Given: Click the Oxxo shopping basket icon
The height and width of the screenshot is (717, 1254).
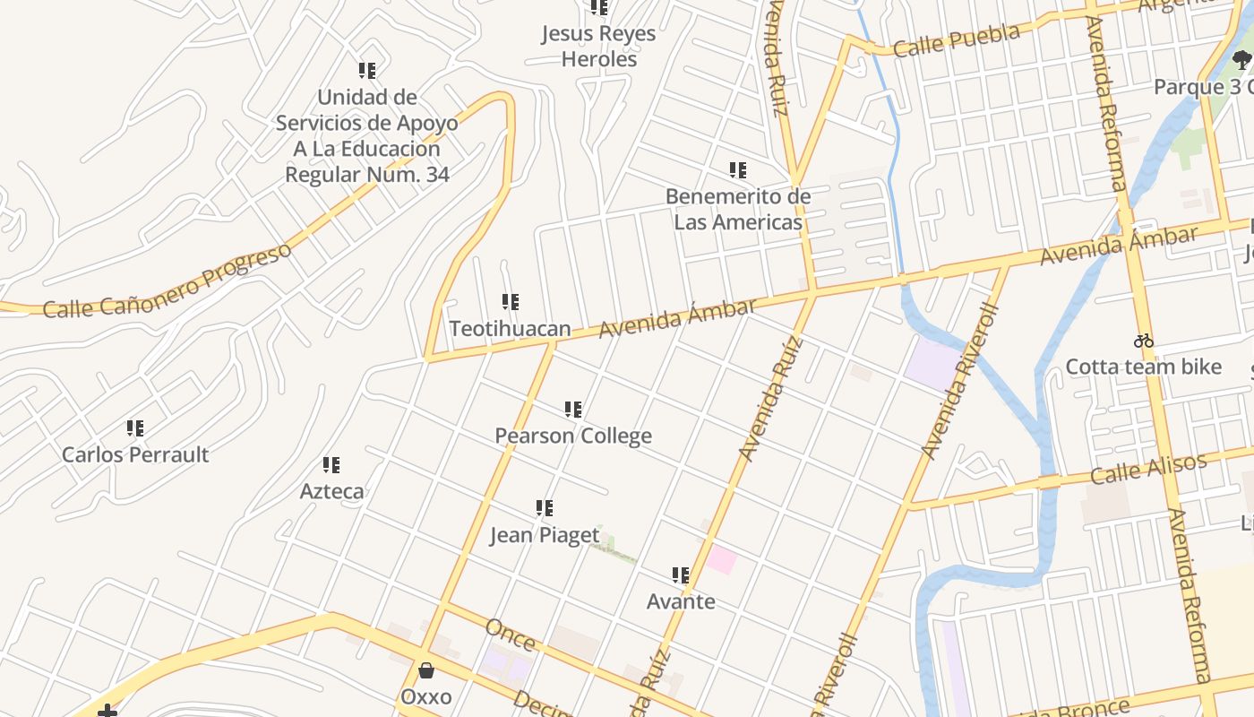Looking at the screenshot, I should (427, 670).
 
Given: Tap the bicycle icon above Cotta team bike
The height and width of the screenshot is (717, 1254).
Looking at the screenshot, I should (1143, 341).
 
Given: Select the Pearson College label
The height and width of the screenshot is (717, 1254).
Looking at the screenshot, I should (573, 436).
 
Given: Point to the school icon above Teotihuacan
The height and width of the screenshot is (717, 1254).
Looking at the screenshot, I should (510, 303).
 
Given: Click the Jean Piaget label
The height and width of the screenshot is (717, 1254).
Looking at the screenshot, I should (544, 536).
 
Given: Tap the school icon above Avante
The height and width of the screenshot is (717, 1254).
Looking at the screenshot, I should (681, 575).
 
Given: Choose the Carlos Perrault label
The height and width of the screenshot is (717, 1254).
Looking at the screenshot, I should (135, 454).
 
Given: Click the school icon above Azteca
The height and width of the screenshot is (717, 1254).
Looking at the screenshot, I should (331, 465).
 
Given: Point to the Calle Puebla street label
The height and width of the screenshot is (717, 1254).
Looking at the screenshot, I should (957, 40).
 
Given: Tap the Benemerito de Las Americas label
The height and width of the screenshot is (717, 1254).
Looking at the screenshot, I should (738, 209).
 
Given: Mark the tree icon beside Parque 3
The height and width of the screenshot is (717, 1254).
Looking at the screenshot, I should (1241, 60).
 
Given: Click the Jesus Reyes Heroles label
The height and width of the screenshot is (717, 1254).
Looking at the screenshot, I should (598, 47).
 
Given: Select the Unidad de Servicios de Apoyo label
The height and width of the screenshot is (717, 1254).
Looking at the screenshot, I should (367, 135).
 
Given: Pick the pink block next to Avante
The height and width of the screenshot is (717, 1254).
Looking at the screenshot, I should (721, 560).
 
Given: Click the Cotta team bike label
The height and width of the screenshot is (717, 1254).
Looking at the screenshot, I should (1143, 367).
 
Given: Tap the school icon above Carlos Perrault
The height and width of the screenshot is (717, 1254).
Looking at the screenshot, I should (135, 428).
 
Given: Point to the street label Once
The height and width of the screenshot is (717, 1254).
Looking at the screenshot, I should (510, 635).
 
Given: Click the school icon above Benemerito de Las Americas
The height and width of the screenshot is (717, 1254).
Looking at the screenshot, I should (738, 170).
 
